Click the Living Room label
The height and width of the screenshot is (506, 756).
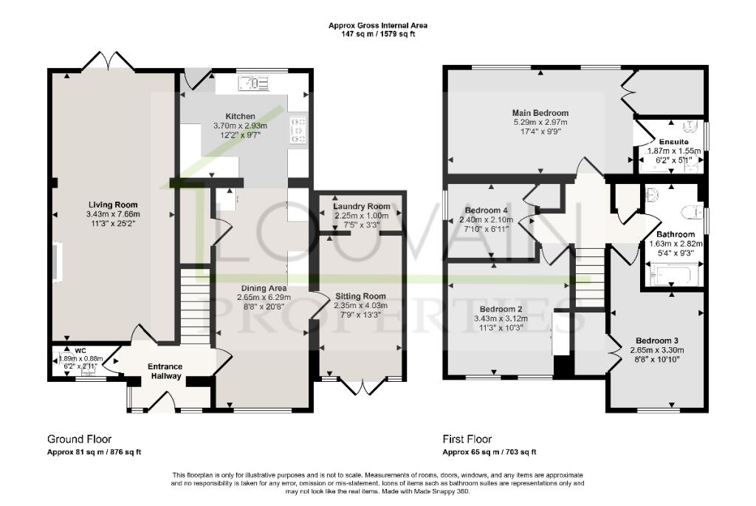point(113,205)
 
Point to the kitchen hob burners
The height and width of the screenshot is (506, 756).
point(299,130)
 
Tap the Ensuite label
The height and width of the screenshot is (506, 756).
point(674,141)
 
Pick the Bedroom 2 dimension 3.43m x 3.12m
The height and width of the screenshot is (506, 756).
point(501,318)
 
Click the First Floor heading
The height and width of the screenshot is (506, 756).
point(467,439)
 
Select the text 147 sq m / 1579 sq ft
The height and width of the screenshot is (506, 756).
point(378,33)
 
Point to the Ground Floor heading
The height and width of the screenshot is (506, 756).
point(79,439)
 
